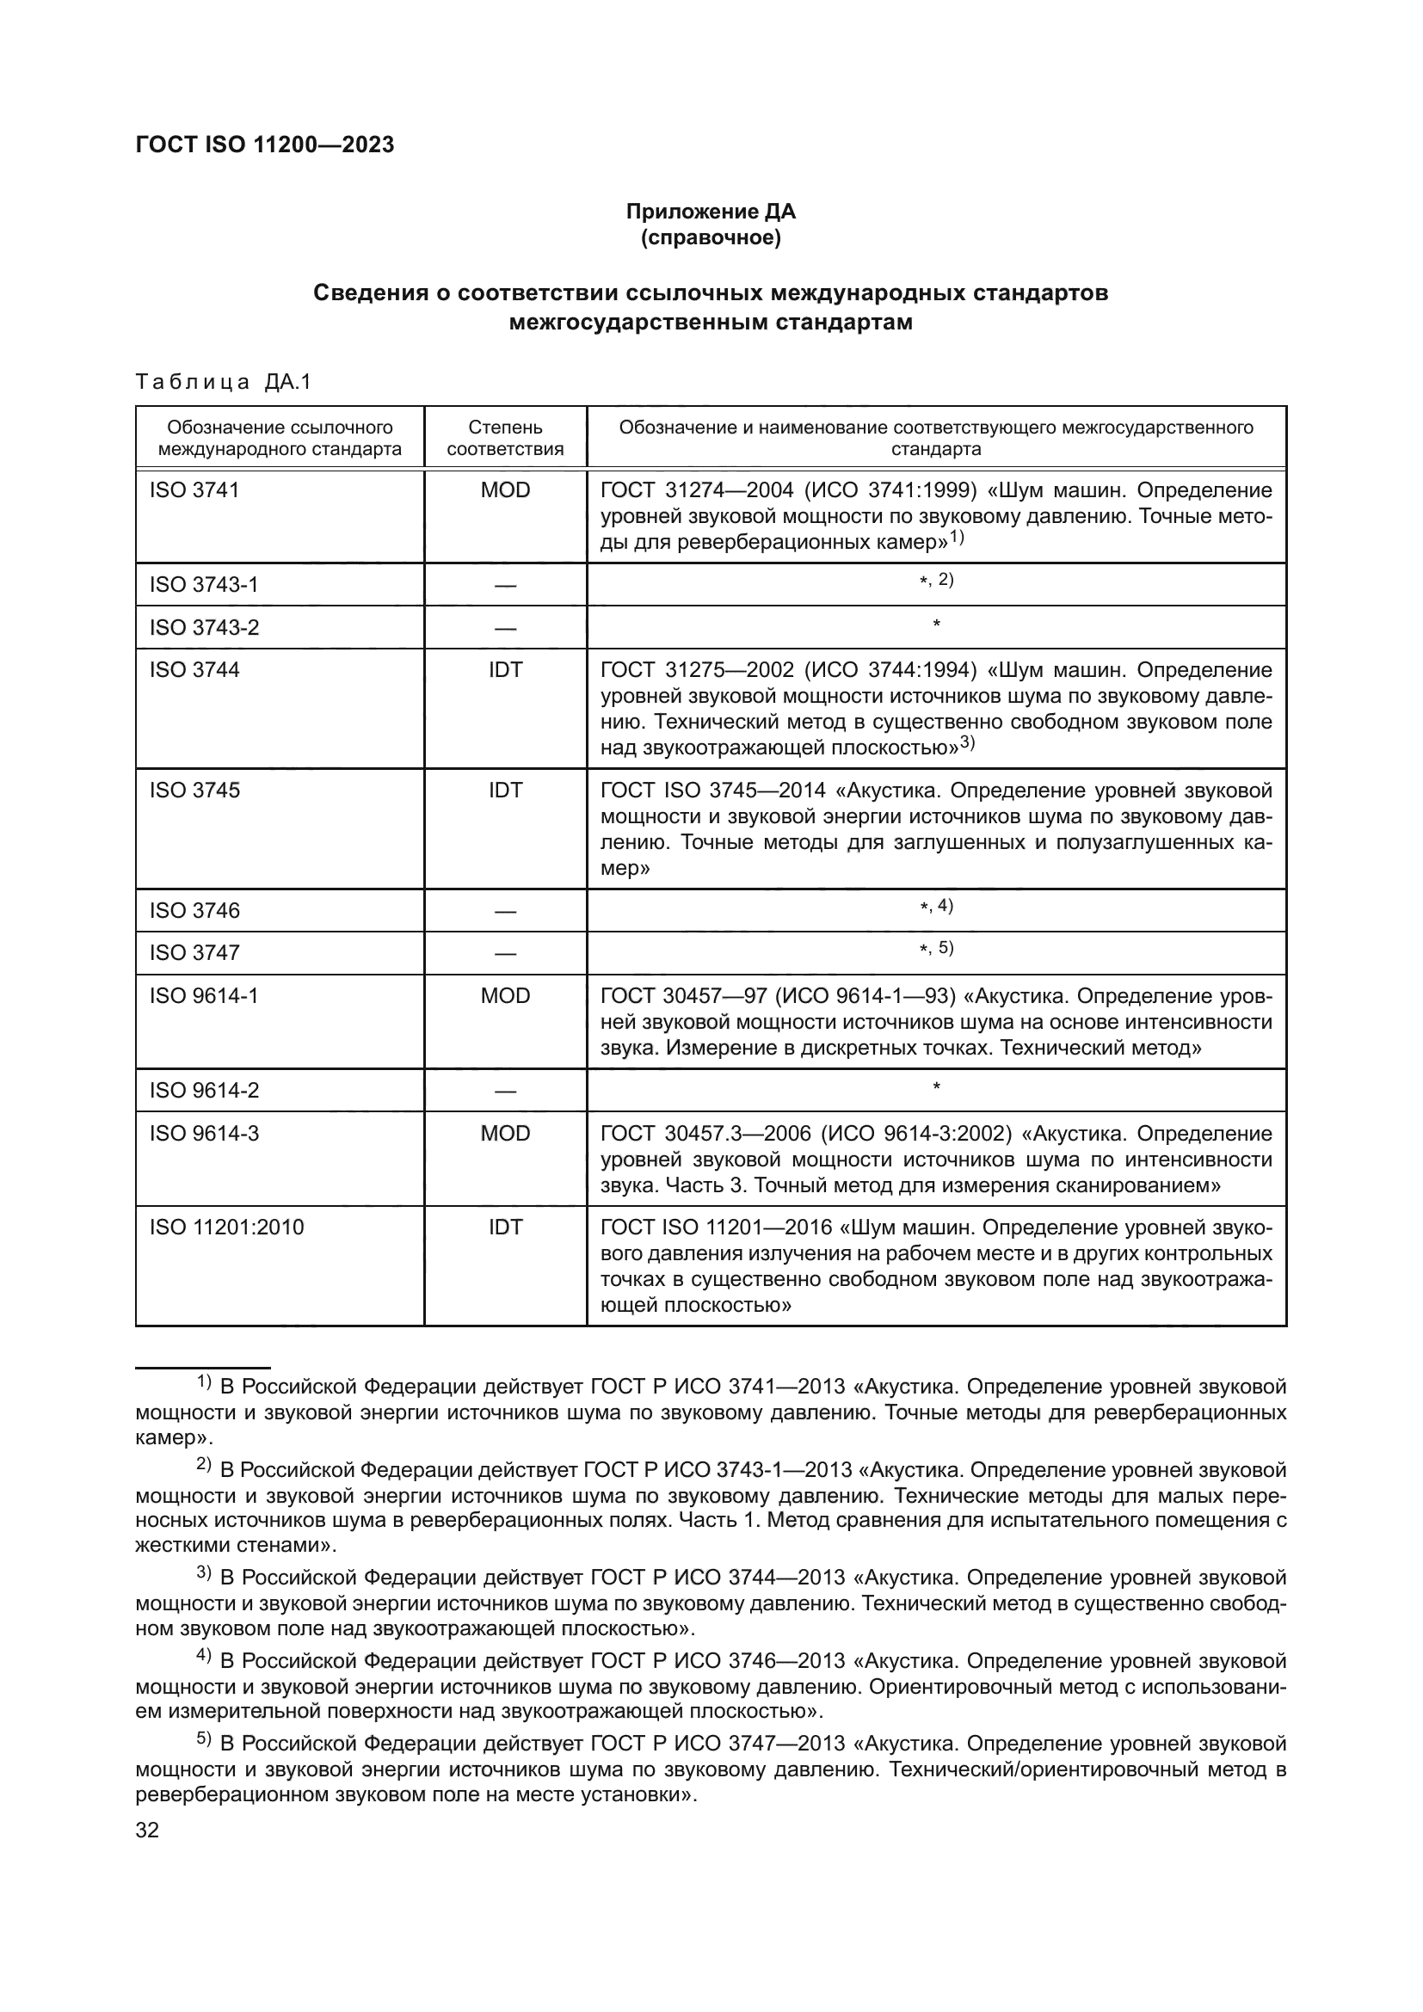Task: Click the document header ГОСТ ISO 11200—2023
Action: [x=265, y=145]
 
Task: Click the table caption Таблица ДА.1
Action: [x=224, y=382]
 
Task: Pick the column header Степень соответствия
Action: [x=505, y=438]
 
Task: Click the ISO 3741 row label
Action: [x=194, y=489]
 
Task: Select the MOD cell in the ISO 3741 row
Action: [x=505, y=489]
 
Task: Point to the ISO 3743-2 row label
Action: [x=204, y=627]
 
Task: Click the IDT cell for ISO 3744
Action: [x=505, y=670]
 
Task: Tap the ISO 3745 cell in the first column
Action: [x=194, y=791]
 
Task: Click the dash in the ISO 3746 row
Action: [x=505, y=911]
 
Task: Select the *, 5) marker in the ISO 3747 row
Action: [x=936, y=948]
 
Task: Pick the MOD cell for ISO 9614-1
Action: [x=505, y=996]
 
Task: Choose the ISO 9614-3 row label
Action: [x=204, y=1134]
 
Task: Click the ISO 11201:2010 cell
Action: [x=226, y=1228]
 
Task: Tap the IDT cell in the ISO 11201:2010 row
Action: [x=505, y=1228]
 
